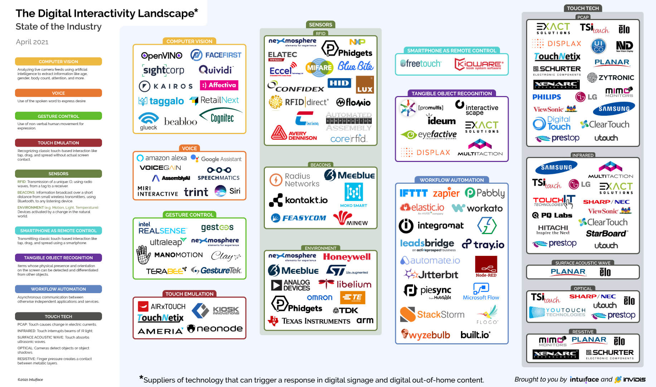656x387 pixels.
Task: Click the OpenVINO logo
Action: [x=161, y=56]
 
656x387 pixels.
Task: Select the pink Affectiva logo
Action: [x=219, y=85]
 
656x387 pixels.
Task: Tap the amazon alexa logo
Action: [x=162, y=158]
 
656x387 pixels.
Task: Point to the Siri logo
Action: [x=228, y=191]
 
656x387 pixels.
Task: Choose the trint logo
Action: [x=196, y=192]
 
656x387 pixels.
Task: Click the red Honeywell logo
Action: [x=346, y=257]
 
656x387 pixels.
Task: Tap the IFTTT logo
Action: [x=413, y=193]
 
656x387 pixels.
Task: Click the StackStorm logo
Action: [x=432, y=315]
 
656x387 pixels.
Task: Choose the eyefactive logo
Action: [x=429, y=135]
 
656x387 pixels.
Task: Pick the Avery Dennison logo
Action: [x=294, y=133]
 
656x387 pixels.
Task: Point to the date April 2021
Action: [x=32, y=42]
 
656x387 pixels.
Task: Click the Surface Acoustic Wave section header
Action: [x=583, y=263]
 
